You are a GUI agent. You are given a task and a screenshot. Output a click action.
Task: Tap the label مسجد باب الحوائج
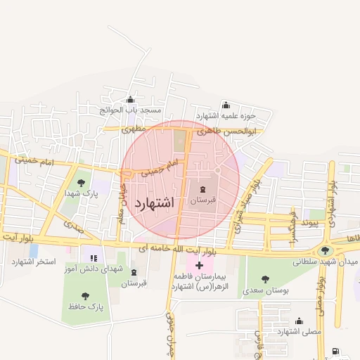tap(130, 110)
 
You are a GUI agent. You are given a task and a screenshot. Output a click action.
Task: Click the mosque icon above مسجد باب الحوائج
tap(130, 99)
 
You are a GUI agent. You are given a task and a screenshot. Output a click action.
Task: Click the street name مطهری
tap(132, 130)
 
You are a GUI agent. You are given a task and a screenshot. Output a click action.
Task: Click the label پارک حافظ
tap(86, 307)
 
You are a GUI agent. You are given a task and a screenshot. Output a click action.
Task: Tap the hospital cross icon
tap(200, 265)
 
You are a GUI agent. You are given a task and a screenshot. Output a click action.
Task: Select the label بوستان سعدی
tap(265, 289)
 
